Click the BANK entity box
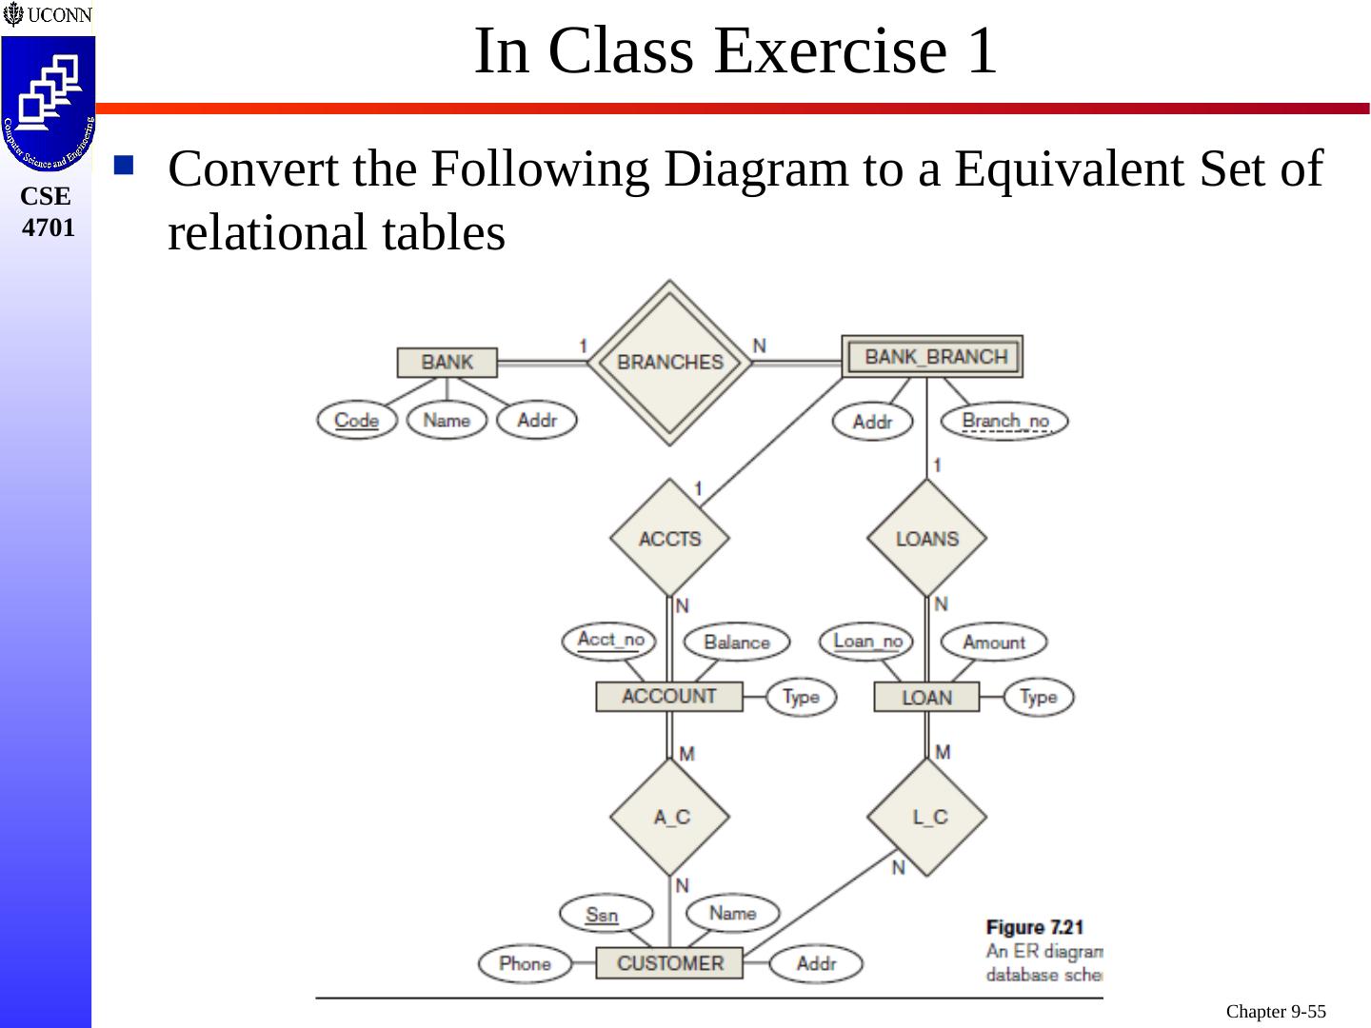click(447, 363)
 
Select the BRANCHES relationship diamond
click(669, 363)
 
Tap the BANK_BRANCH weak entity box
click(933, 357)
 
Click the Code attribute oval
click(357, 421)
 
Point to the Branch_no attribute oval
click(1004, 422)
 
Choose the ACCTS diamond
click(669, 539)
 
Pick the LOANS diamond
click(926, 539)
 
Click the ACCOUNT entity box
click(668, 697)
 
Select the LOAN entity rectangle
click(926, 698)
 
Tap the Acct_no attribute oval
click(610, 640)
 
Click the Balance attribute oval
click(736, 642)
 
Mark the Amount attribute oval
click(993, 642)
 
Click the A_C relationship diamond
click(670, 818)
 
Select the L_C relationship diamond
click(928, 818)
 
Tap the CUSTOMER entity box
click(669, 963)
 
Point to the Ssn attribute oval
click(602, 915)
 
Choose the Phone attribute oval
click(525, 963)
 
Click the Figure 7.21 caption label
click(1035, 927)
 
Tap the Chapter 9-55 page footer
click(1275, 1012)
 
